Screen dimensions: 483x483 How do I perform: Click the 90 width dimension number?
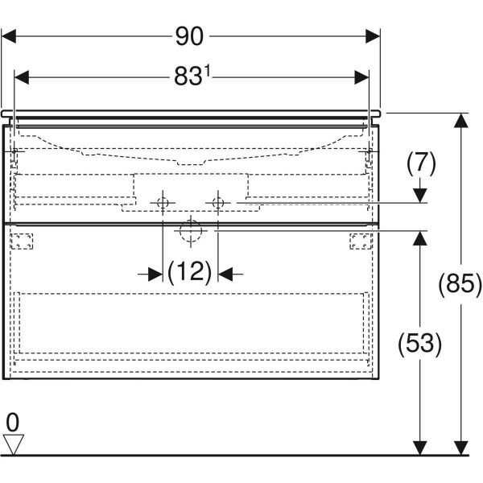point(189,36)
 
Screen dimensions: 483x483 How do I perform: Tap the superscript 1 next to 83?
point(208,72)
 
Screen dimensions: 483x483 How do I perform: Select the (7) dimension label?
point(421,163)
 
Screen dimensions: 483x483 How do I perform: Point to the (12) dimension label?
point(190,272)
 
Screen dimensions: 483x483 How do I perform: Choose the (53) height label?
point(420,344)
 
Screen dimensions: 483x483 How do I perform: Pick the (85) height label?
point(460,284)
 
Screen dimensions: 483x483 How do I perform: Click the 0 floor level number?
point(13,423)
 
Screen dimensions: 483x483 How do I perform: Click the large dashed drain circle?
point(191,231)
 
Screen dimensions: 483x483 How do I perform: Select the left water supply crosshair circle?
point(163,203)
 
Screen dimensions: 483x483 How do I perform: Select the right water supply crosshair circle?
point(218,203)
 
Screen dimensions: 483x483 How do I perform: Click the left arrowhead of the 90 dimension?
point(9,36)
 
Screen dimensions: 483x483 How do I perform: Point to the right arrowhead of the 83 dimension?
point(361,77)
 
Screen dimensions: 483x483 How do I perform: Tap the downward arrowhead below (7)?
point(420,196)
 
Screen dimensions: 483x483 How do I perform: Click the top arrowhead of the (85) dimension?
point(460,121)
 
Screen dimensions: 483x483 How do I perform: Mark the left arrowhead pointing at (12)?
point(155,274)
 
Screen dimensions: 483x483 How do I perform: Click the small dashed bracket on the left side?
point(22,241)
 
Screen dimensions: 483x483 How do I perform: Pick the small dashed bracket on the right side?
point(361,241)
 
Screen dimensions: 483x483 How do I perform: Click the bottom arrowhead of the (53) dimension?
point(420,448)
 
